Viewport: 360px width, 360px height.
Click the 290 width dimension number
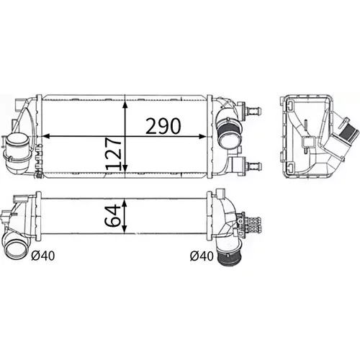(163, 126)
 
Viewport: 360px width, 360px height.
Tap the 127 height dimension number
(113, 153)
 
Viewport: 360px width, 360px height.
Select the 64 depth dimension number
(112, 215)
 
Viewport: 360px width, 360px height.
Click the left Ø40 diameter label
(43, 256)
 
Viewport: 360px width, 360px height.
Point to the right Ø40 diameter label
(202, 256)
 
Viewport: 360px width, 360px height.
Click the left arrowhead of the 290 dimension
(46, 136)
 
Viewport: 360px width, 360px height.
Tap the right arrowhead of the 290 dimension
(202, 136)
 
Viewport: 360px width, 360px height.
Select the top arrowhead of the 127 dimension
(125, 104)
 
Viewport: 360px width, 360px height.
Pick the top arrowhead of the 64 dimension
(125, 203)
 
